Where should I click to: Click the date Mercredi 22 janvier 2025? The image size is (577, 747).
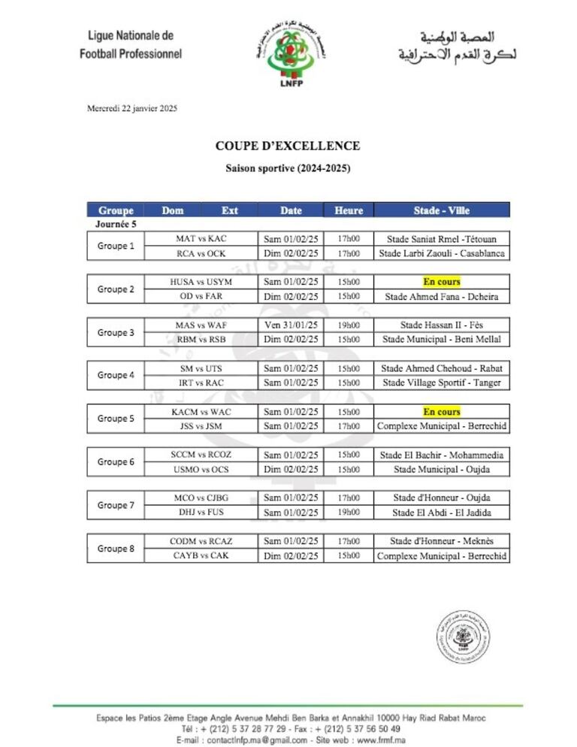click(x=132, y=108)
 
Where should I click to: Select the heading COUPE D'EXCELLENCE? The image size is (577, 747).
click(x=288, y=146)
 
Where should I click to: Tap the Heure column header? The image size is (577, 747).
click(x=348, y=210)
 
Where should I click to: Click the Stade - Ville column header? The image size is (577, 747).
click(x=441, y=210)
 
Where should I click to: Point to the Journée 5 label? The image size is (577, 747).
click(x=116, y=224)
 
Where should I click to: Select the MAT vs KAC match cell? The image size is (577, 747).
click(x=201, y=239)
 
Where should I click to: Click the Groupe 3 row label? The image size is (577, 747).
click(x=116, y=332)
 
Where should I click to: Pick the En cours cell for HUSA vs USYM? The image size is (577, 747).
click(x=441, y=282)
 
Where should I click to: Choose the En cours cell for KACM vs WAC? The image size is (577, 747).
click(x=441, y=412)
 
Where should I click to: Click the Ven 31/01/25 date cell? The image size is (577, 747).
click(x=291, y=325)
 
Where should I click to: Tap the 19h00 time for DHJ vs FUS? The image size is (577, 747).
click(x=348, y=513)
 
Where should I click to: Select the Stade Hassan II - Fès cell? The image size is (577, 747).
click(x=441, y=325)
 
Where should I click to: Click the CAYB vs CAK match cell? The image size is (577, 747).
click(x=201, y=556)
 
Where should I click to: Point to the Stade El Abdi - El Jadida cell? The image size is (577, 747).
click(x=441, y=513)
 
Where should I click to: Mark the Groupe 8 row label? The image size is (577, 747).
click(x=116, y=549)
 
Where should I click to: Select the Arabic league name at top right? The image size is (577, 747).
click(x=458, y=47)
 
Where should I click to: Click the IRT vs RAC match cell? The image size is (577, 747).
click(x=201, y=383)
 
